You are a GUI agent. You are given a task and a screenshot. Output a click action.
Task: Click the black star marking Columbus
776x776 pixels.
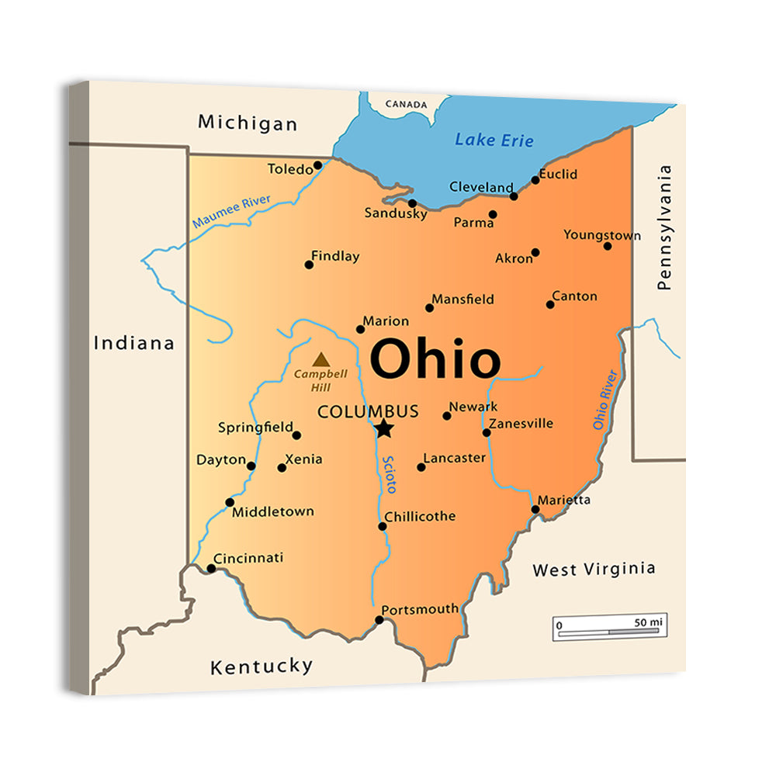[384, 428]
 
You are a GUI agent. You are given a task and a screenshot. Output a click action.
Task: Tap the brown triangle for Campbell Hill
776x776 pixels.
[320, 360]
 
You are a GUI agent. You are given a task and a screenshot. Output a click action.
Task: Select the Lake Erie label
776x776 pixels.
[494, 140]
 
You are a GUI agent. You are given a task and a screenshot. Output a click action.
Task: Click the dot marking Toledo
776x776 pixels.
[317, 165]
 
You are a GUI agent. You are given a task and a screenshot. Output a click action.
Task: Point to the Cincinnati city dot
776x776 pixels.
[211, 569]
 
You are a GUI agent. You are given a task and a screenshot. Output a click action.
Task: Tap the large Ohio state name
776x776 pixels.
[435, 359]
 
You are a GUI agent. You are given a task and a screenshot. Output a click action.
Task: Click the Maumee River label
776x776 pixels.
[231, 212]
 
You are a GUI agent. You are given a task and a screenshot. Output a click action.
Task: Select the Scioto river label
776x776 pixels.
[390, 473]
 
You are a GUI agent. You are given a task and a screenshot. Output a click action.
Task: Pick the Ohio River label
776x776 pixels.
[605, 400]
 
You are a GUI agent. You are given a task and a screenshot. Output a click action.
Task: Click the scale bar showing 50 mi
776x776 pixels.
[610, 628]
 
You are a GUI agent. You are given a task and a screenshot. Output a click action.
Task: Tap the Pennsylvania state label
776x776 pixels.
[663, 227]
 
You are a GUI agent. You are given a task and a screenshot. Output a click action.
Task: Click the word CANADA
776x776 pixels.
[406, 104]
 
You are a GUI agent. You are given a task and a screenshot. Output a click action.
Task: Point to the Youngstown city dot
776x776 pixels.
[608, 246]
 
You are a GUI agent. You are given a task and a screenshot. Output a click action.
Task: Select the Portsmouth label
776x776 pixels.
[420, 609]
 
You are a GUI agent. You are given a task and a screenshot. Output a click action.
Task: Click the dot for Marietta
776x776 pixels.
[535, 510]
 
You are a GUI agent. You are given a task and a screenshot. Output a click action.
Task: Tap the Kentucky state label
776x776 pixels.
[262, 666]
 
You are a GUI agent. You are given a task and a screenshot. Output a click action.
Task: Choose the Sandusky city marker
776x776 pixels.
[412, 203]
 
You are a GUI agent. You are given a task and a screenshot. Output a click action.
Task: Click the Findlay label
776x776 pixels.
[335, 255]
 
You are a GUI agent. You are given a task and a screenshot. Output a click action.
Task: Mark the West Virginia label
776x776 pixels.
[594, 570]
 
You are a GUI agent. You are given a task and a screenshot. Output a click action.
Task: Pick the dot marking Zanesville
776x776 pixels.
[487, 432]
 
